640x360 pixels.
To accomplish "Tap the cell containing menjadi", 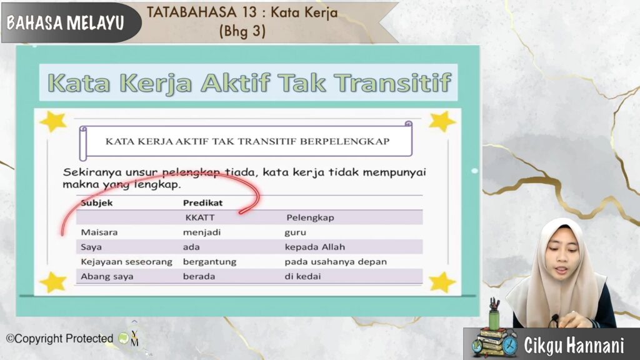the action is (x=202, y=232).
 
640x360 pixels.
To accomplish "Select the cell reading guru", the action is (x=295, y=232).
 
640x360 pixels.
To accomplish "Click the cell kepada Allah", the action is (x=315, y=247).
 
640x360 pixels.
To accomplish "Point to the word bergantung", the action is (x=209, y=262).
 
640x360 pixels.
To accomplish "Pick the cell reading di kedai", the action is (x=302, y=276).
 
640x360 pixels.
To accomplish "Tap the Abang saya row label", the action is (x=107, y=276).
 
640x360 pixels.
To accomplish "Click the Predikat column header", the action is (x=202, y=203).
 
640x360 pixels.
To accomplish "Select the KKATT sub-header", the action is (x=199, y=217).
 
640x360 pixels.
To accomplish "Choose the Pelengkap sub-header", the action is (x=310, y=218).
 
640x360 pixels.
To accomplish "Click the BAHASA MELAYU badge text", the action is (x=65, y=23).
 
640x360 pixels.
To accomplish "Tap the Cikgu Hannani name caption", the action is (x=574, y=345).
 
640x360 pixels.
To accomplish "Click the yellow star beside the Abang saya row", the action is (x=53, y=282).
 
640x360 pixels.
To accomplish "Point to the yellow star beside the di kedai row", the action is (x=442, y=282).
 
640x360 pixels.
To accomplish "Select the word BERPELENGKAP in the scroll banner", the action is (x=344, y=142).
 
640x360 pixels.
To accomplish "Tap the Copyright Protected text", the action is (x=59, y=339).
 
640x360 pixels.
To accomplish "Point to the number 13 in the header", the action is (x=249, y=12).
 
